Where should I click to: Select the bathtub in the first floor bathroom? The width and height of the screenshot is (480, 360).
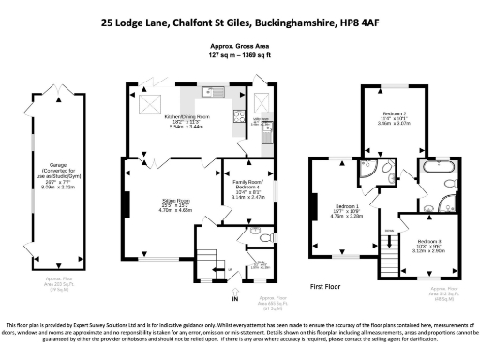coord(439,172)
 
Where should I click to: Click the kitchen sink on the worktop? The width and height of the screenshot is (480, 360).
coord(210,92)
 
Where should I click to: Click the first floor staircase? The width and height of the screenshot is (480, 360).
coord(387,254)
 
